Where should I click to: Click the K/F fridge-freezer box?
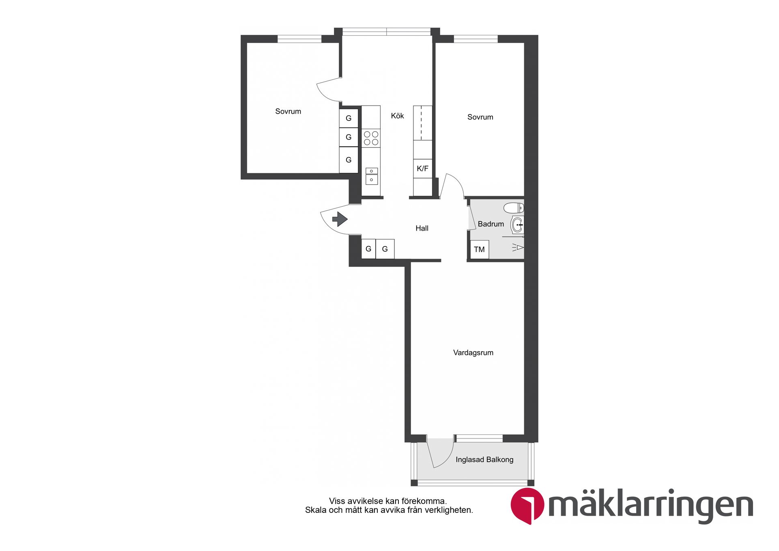coord(422,169)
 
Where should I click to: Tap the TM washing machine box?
coord(479,249)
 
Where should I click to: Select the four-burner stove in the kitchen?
coord(371,138)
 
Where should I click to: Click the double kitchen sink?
coord(371,176)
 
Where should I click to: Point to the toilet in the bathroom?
coord(514,208)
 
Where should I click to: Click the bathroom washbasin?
coord(517,225)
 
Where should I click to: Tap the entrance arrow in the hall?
coord(340,219)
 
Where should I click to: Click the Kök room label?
coord(397,116)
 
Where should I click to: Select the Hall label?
coord(422,228)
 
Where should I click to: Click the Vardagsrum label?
coord(473,352)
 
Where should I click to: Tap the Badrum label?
coord(491,224)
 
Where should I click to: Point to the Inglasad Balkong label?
coord(484,460)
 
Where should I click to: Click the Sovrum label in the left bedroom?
coord(288,111)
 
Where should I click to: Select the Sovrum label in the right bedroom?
coord(480,117)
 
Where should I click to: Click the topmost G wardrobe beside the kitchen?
coord(349,118)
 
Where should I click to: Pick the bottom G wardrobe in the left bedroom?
coord(349,160)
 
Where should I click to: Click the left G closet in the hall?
coord(368,249)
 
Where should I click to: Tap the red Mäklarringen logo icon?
coord(527,505)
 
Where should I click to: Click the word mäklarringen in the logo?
coord(650,505)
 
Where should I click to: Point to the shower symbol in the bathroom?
coord(518,247)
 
